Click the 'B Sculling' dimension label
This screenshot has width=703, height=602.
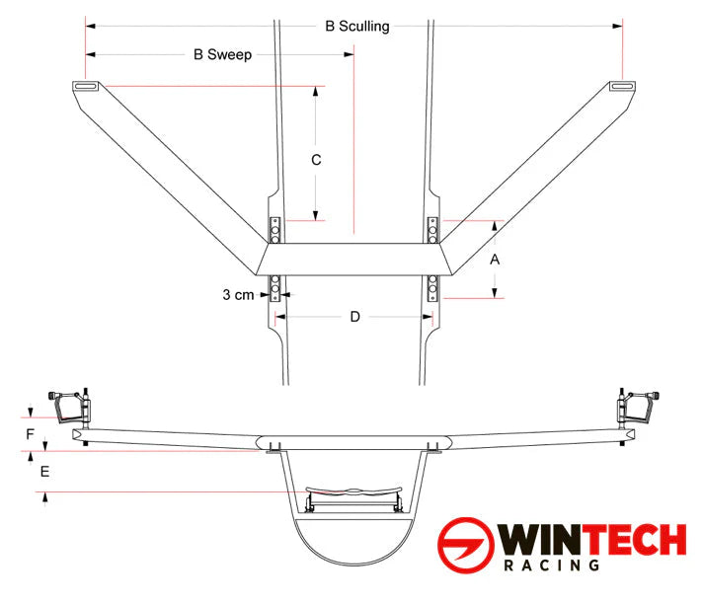(x=356, y=27)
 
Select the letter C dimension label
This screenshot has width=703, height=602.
(x=315, y=158)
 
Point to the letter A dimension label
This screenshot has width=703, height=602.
(x=496, y=259)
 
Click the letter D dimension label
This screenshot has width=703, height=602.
(x=355, y=316)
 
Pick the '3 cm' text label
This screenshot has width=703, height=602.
(x=238, y=294)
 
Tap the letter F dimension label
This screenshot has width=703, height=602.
(x=31, y=433)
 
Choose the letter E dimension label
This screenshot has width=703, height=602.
(x=43, y=472)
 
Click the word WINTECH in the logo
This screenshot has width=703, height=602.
(x=592, y=541)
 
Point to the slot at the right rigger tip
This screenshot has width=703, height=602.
(x=621, y=87)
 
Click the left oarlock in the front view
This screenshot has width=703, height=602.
(x=71, y=406)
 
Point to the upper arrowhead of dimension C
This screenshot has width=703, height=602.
(x=315, y=92)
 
